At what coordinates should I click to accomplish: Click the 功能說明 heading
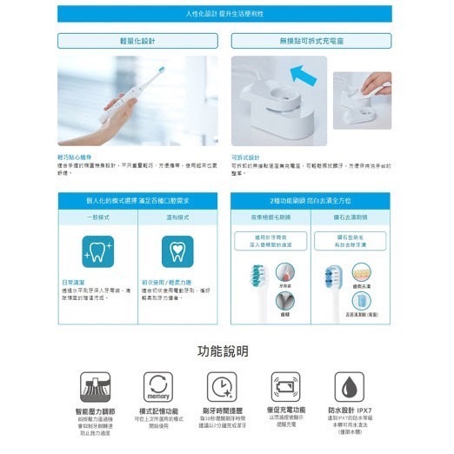(224, 351)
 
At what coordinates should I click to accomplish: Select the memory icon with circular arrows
(159, 385)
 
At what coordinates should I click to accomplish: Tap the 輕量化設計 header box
(138, 40)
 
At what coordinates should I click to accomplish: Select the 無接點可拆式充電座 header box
(311, 40)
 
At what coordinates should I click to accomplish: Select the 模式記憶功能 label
(159, 411)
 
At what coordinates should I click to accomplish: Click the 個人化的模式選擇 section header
(138, 201)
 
